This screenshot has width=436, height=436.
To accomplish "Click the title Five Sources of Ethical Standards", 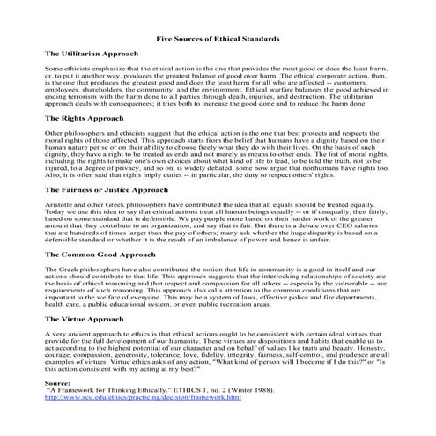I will (218, 40).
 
